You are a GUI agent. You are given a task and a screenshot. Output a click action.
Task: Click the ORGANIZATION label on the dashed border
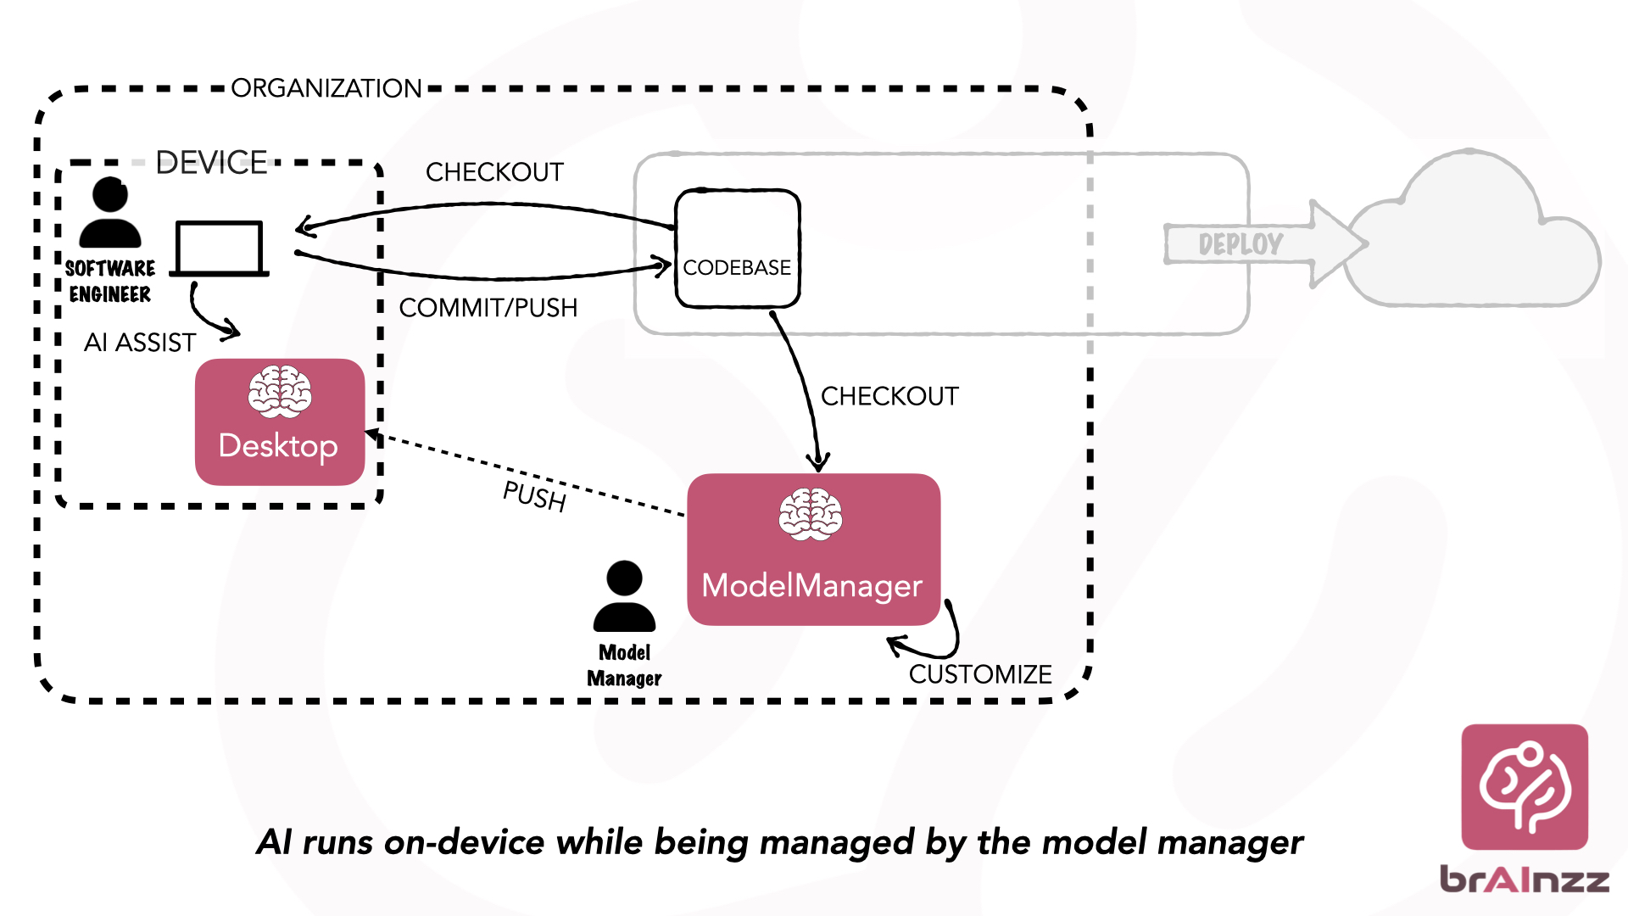pos(326,88)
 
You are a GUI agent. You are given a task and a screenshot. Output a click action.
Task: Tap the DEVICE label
pos(212,162)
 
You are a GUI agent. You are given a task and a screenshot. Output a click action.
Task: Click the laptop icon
pos(220,249)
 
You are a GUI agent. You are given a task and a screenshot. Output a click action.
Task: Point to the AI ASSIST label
pos(140,343)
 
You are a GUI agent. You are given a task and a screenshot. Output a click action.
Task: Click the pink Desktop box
pos(280,422)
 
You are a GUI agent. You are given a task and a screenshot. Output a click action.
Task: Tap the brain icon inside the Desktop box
pos(280,392)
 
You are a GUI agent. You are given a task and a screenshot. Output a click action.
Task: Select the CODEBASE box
pos(737,249)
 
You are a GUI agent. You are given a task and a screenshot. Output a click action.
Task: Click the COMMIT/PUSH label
pos(488,308)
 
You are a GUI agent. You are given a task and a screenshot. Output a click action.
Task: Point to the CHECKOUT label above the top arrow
pos(494,172)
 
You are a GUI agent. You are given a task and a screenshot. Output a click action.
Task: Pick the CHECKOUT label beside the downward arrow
pos(889,396)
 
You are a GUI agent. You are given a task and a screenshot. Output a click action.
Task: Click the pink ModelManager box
pos(813,550)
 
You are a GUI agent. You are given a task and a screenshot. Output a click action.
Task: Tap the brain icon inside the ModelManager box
pos(811,515)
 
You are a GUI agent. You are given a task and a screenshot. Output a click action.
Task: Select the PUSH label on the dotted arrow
pos(534,496)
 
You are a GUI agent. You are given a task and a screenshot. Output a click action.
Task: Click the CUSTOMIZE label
pos(980,674)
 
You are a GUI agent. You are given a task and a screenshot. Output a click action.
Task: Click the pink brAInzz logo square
pos(1525,787)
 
